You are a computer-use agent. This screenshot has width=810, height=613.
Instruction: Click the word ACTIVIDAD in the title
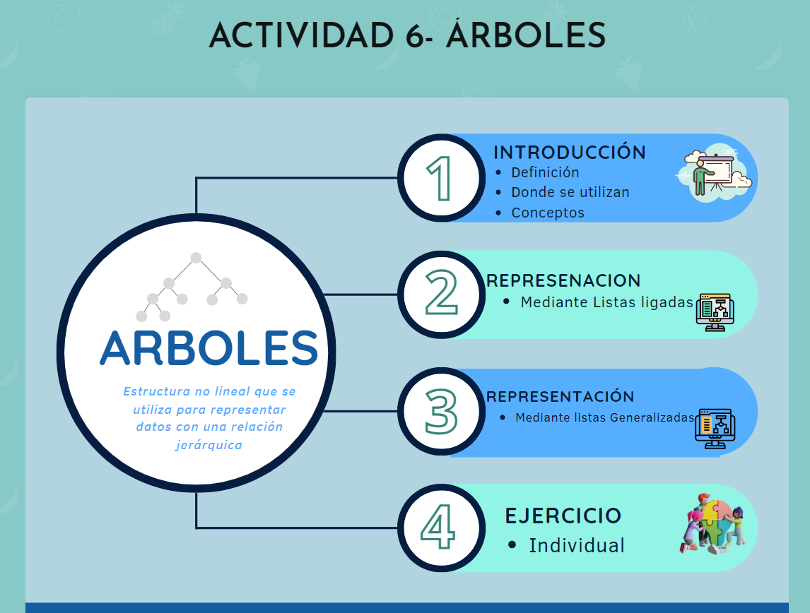coord(301,36)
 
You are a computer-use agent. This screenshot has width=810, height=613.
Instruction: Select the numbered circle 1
coord(442,178)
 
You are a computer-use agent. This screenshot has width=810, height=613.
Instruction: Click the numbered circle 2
coord(442,294)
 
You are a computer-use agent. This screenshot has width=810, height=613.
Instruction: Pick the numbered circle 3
coord(442,411)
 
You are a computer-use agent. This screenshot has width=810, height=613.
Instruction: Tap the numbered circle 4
coord(442,528)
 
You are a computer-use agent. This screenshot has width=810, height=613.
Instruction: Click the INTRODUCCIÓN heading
coord(570,153)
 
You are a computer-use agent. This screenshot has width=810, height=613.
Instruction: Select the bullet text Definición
coord(545,172)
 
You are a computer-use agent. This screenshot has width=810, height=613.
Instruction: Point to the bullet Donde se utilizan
coord(570,193)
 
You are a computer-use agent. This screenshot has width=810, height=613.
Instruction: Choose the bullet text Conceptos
coord(548,213)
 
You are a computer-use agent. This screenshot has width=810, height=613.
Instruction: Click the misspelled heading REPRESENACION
coord(563,280)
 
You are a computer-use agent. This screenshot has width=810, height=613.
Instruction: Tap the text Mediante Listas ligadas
coord(606,302)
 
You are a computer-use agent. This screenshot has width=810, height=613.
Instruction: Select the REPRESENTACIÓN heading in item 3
coord(560,396)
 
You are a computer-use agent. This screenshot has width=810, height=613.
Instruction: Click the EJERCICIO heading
coord(563,516)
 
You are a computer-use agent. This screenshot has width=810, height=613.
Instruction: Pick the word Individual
coord(577,545)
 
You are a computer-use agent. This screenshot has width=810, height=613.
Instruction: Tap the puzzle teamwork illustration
coord(713,524)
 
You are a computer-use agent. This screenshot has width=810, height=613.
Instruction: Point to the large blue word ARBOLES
coord(209,348)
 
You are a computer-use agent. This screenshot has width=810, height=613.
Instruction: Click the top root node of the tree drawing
coord(196,258)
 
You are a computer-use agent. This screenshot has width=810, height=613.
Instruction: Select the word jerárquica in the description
coord(209,445)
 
